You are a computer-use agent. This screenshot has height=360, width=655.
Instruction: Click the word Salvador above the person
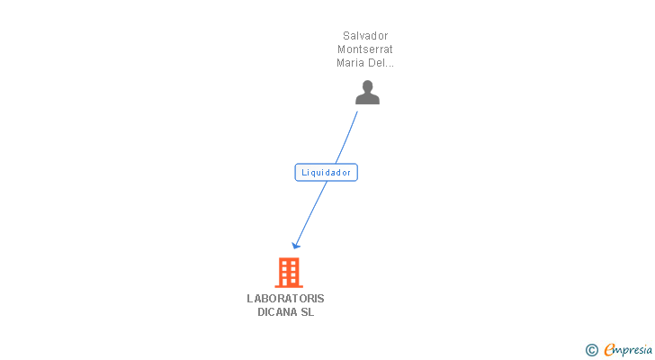365,36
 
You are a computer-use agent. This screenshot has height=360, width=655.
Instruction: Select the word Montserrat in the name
365,49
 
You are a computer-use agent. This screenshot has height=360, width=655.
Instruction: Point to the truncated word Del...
381,63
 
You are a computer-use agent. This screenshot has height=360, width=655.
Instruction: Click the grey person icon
367,93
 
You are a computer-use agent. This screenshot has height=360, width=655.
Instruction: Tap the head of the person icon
367,86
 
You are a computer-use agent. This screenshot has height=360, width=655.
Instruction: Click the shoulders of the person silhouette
367,99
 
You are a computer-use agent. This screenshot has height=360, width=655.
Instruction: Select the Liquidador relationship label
326,172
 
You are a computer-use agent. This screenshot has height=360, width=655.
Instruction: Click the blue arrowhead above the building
296,245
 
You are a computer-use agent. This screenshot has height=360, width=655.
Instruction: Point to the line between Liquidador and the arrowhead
311,212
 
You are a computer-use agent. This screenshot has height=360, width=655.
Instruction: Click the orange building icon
288,272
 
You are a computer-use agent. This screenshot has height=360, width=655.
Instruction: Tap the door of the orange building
288,282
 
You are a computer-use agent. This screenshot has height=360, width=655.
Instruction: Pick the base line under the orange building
288,286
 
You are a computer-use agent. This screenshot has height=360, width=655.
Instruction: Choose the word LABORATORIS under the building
286,299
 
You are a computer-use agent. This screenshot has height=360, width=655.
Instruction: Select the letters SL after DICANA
308,312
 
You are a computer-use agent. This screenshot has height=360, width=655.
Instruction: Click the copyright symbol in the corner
592,350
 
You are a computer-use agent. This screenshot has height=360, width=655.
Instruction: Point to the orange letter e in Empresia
609,350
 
